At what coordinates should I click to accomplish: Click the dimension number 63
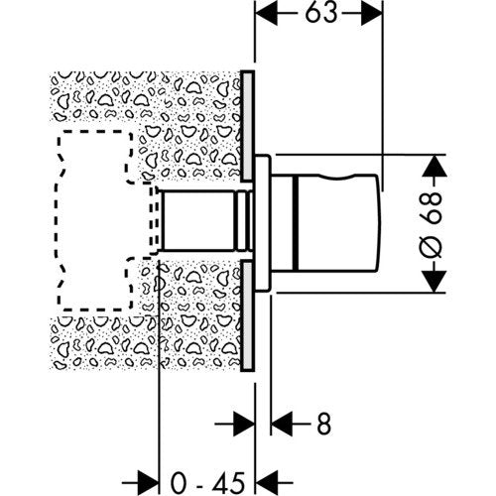[x=320, y=13]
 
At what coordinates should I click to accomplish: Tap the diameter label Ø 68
[x=431, y=224]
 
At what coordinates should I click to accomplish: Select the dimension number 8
[x=323, y=424]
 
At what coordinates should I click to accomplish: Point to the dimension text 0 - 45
[x=207, y=482]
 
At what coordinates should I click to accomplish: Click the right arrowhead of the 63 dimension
[x=371, y=13]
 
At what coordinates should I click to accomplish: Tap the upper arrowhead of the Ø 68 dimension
[x=434, y=166]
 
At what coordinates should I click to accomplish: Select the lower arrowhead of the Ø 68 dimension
[x=434, y=282]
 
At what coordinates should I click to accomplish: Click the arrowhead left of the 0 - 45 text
[x=148, y=483]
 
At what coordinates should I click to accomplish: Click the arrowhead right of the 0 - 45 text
[x=268, y=483]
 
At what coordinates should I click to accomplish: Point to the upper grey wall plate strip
[x=247, y=126]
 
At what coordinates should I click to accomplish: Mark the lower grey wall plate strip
[x=247, y=315]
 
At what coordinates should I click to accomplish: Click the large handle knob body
[x=337, y=222]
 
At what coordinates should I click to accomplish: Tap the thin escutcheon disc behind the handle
[x=263, y=223]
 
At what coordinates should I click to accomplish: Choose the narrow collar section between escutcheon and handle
[x=283, y=222]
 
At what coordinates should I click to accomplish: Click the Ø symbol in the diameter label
[x=431, y=247]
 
